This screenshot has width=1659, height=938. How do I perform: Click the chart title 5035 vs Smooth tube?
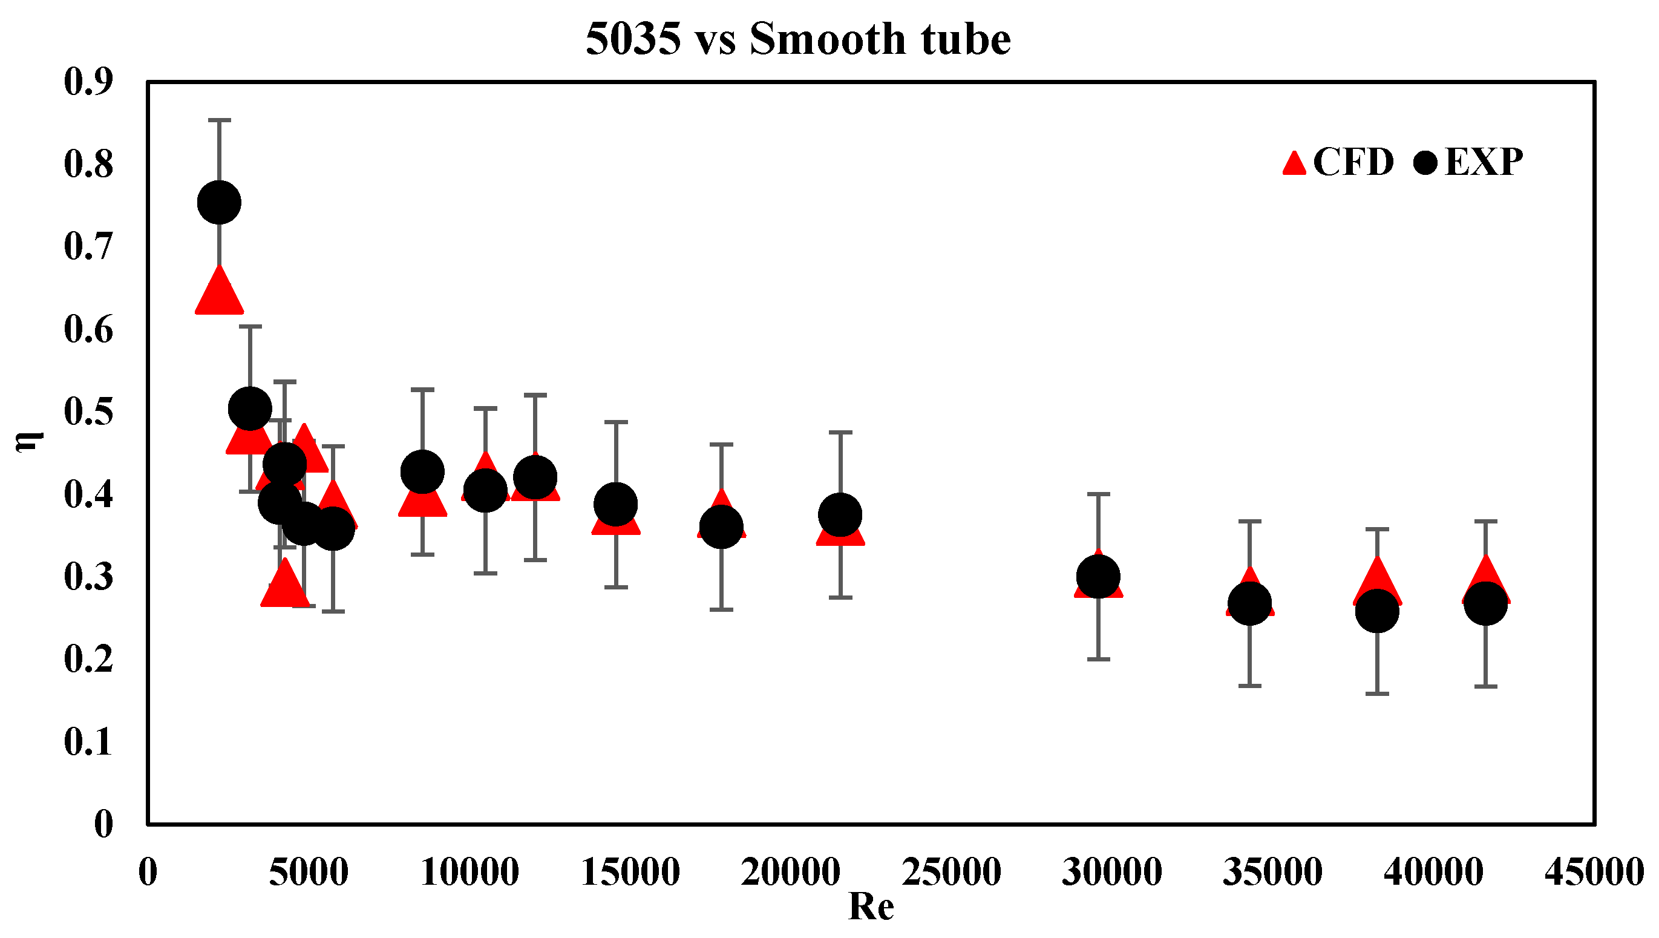coord(797,39)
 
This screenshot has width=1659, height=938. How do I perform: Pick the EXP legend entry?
coord(1468,162)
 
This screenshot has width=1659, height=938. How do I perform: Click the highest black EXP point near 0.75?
coord(219,202)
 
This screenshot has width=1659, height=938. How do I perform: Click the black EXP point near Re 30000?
coord(1098,577)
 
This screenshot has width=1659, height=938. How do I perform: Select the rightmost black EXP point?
coord(1485,603)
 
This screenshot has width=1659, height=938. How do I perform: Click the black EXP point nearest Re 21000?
coord(840,515)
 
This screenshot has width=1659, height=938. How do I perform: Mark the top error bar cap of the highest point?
coord(219,120)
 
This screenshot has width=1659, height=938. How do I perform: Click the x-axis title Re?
coord(871,907)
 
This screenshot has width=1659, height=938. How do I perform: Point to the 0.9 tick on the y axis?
coord(88,82)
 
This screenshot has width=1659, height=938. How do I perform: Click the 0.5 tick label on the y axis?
coord(88,412)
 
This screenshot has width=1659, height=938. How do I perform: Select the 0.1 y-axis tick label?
coord(88,741)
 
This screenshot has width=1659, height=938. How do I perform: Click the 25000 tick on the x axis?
coord(951,872)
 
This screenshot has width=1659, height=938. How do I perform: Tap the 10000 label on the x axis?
coord(470,872)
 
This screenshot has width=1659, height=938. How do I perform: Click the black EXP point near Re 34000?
coord(1249,603)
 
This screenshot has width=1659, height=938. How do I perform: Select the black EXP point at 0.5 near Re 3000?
coord(250,409)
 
